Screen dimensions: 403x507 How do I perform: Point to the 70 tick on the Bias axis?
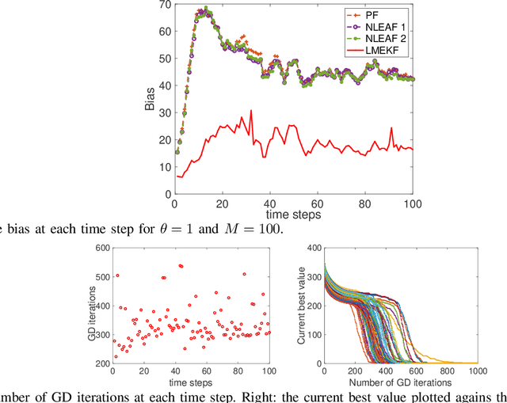point(164,6)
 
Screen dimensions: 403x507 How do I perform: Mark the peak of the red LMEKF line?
point(251,111)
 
